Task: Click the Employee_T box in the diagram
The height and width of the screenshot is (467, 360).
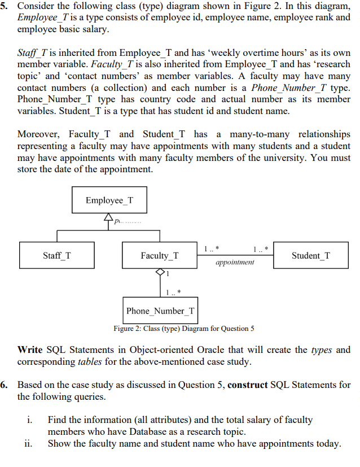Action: click(109, 200)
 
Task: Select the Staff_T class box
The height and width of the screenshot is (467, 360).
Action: click(57, 256)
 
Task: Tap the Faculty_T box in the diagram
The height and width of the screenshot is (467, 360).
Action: click(160, 256)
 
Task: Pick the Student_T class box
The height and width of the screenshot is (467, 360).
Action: click(311, 256)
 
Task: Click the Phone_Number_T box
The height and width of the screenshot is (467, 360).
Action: click(160, 311)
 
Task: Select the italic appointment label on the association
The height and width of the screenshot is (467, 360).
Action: click(235, 262)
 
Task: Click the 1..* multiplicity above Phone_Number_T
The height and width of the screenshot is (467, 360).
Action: click(173, 292)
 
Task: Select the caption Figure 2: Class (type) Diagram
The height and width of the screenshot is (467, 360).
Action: click(183, 328)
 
